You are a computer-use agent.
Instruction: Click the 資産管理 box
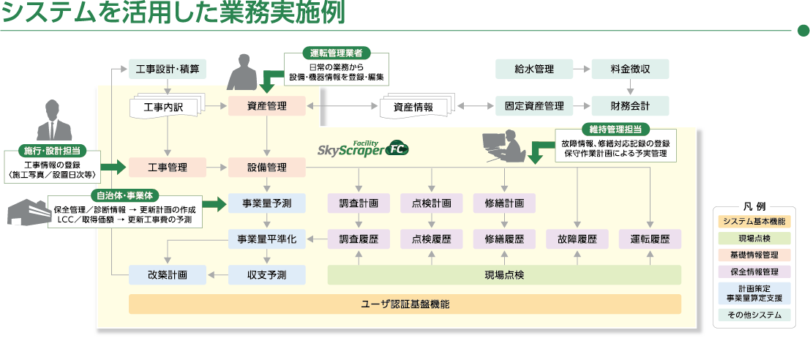point(266,106)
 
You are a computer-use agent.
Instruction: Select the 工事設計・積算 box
point(167,70)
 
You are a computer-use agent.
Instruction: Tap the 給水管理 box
point(533,70)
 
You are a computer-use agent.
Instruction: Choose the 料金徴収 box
point(630,70)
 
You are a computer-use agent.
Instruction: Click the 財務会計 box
point(630,106)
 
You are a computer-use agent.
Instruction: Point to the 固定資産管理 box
point(533,106)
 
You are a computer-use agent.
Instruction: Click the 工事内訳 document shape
point(166,108)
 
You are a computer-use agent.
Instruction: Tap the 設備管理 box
point(266,168)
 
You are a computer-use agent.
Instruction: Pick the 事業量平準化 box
point(266,239)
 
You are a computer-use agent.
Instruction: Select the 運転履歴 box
point(650,239)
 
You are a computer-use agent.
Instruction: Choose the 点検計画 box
point(431,203)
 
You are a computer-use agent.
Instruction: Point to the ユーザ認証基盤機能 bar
point(405,304)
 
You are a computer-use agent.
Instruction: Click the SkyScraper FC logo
point(363,149)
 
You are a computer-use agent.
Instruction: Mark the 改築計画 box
point(167,275)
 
